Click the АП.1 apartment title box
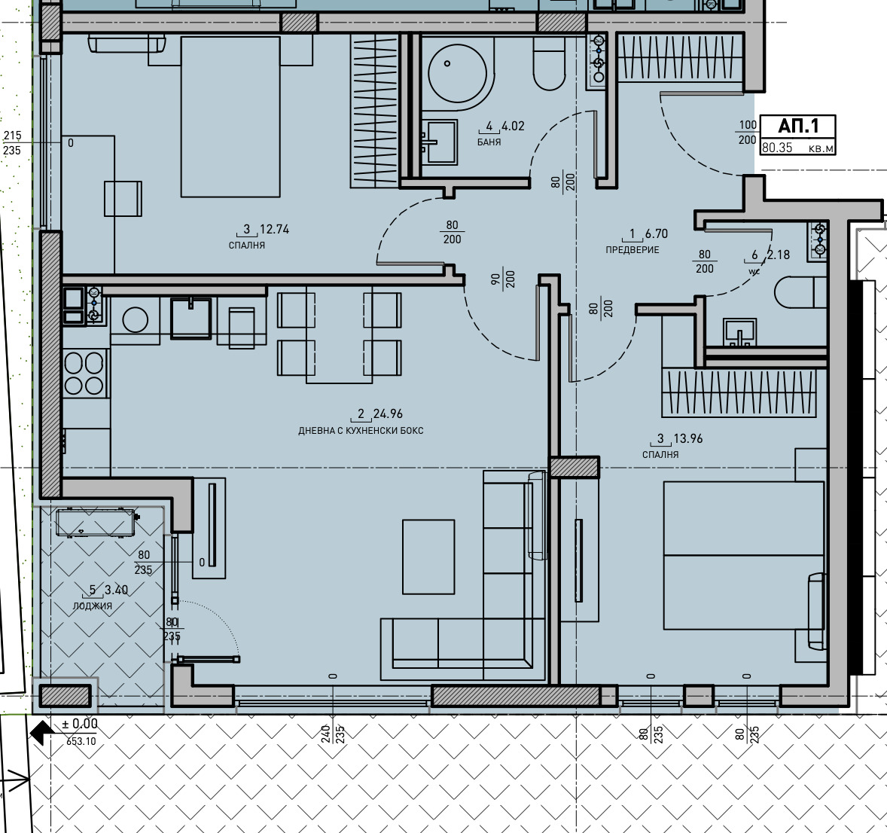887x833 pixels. point(797,135)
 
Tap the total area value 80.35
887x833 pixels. point(777,148)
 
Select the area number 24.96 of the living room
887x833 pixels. point(388,413)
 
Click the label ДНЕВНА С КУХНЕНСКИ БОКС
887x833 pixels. point(361,431)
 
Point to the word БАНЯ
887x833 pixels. point(489,142)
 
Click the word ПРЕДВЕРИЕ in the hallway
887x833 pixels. point(632,249)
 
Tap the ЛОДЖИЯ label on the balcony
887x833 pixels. point(92,606)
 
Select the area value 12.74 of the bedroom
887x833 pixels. point(274,229)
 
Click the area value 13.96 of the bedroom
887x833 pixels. point(688,438)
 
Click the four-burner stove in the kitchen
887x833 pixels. point(84,373)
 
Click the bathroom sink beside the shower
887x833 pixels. point(439,142)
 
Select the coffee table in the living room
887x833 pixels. point(428,557)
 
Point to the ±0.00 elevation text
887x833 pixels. point(80,724)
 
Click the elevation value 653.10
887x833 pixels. point(81,741)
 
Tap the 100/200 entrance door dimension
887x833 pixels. point(747,133)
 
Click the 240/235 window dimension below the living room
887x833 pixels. point(333,734)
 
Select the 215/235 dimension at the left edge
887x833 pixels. point(12,142)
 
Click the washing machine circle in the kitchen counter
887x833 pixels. point(136,320)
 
